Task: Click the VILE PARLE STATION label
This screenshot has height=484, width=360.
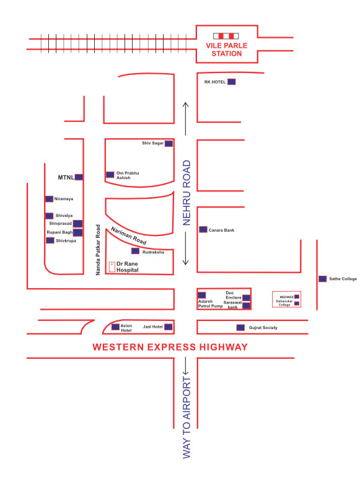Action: click(x=224, y=50)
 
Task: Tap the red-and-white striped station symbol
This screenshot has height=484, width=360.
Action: click(x=224, y=36)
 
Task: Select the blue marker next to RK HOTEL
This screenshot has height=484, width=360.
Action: click(x=232, y=82)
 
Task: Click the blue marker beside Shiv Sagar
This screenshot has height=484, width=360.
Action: click(x=168, y=143)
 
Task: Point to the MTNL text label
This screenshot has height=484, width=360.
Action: click(x=66, y=177)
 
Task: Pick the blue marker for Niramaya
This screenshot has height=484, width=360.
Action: click(x=50, y=199)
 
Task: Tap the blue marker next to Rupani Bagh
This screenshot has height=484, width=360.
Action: click(x=78, y=232)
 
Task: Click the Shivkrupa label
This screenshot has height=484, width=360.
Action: click(x=66, y=240)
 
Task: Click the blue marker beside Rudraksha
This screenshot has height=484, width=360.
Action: click(x=135, y=252)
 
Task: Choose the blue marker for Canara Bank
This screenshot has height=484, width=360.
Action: click(x=203, y=229)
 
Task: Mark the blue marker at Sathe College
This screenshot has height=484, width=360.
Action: click(x=322, y=279)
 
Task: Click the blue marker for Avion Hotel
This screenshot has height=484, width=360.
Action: click(x=115, y=327)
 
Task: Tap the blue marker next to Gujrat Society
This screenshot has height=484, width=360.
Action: click(x=240, y=327)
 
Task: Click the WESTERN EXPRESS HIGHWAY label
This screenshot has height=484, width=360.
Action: click(x=170, y=347)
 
